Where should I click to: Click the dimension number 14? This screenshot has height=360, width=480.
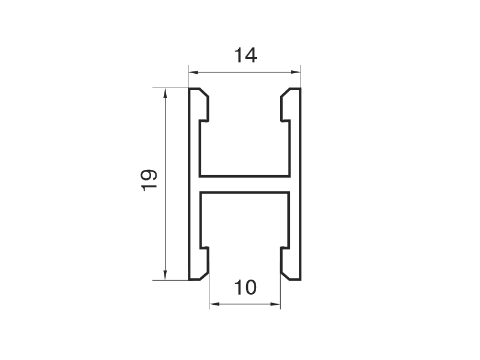[245, 55]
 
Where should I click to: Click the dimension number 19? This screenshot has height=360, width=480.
[149, 180]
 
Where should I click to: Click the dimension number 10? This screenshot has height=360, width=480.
[245, 287]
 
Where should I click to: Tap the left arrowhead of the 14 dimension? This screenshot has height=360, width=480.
[193, 72]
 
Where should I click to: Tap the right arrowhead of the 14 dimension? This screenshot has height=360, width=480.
[295, 72]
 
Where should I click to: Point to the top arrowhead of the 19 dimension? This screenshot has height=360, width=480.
[166, 93]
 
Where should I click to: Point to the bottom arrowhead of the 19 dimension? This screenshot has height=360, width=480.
[166, 275]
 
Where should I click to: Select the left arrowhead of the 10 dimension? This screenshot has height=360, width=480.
[214, 304]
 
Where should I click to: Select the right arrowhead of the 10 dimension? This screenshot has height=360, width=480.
[275, 304]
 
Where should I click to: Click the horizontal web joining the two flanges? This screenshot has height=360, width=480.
[245, 184]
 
